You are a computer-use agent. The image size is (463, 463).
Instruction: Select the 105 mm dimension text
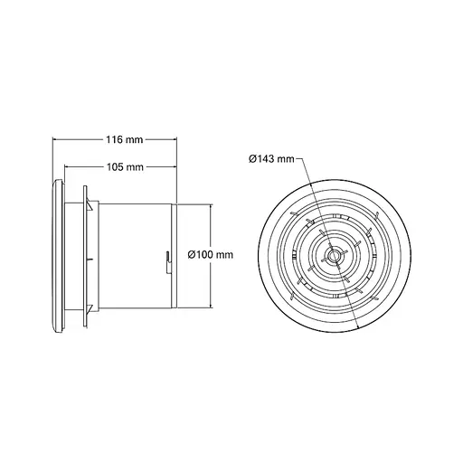[124, 167]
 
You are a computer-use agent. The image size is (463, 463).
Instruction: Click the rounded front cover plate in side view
[60, 256]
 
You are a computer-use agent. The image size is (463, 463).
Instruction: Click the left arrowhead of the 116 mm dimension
[56, 140]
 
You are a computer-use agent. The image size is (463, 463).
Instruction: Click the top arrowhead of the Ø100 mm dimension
[212, 205]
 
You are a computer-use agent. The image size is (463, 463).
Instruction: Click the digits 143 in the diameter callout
[268, 159]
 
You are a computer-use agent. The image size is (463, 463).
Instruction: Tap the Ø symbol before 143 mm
[252, 159]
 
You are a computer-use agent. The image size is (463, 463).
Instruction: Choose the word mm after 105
[135, 167]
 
